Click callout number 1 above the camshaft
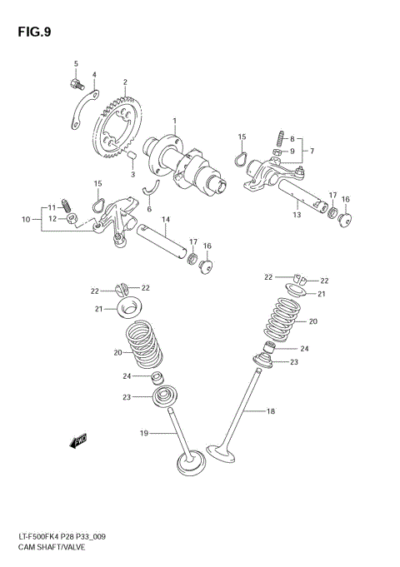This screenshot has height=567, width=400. [174, 122]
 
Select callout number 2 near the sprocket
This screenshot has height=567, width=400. [125, 82]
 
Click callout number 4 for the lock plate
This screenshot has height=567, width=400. [94, 75]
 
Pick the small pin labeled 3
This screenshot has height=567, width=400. [132, 155]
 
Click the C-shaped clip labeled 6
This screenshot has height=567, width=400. [151, 189]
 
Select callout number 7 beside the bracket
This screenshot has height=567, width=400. [311, 151]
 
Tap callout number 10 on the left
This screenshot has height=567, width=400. [26, 220]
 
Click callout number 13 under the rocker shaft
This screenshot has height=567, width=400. [296, 215]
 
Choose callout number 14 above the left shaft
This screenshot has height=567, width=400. [166, 220]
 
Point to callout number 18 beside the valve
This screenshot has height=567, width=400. [270, 411]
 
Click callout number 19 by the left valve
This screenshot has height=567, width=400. [143, 433]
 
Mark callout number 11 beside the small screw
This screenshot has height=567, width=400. [51, 206]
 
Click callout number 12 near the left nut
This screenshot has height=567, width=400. [52, 218]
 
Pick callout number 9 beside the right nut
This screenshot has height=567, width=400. [292, 151]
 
